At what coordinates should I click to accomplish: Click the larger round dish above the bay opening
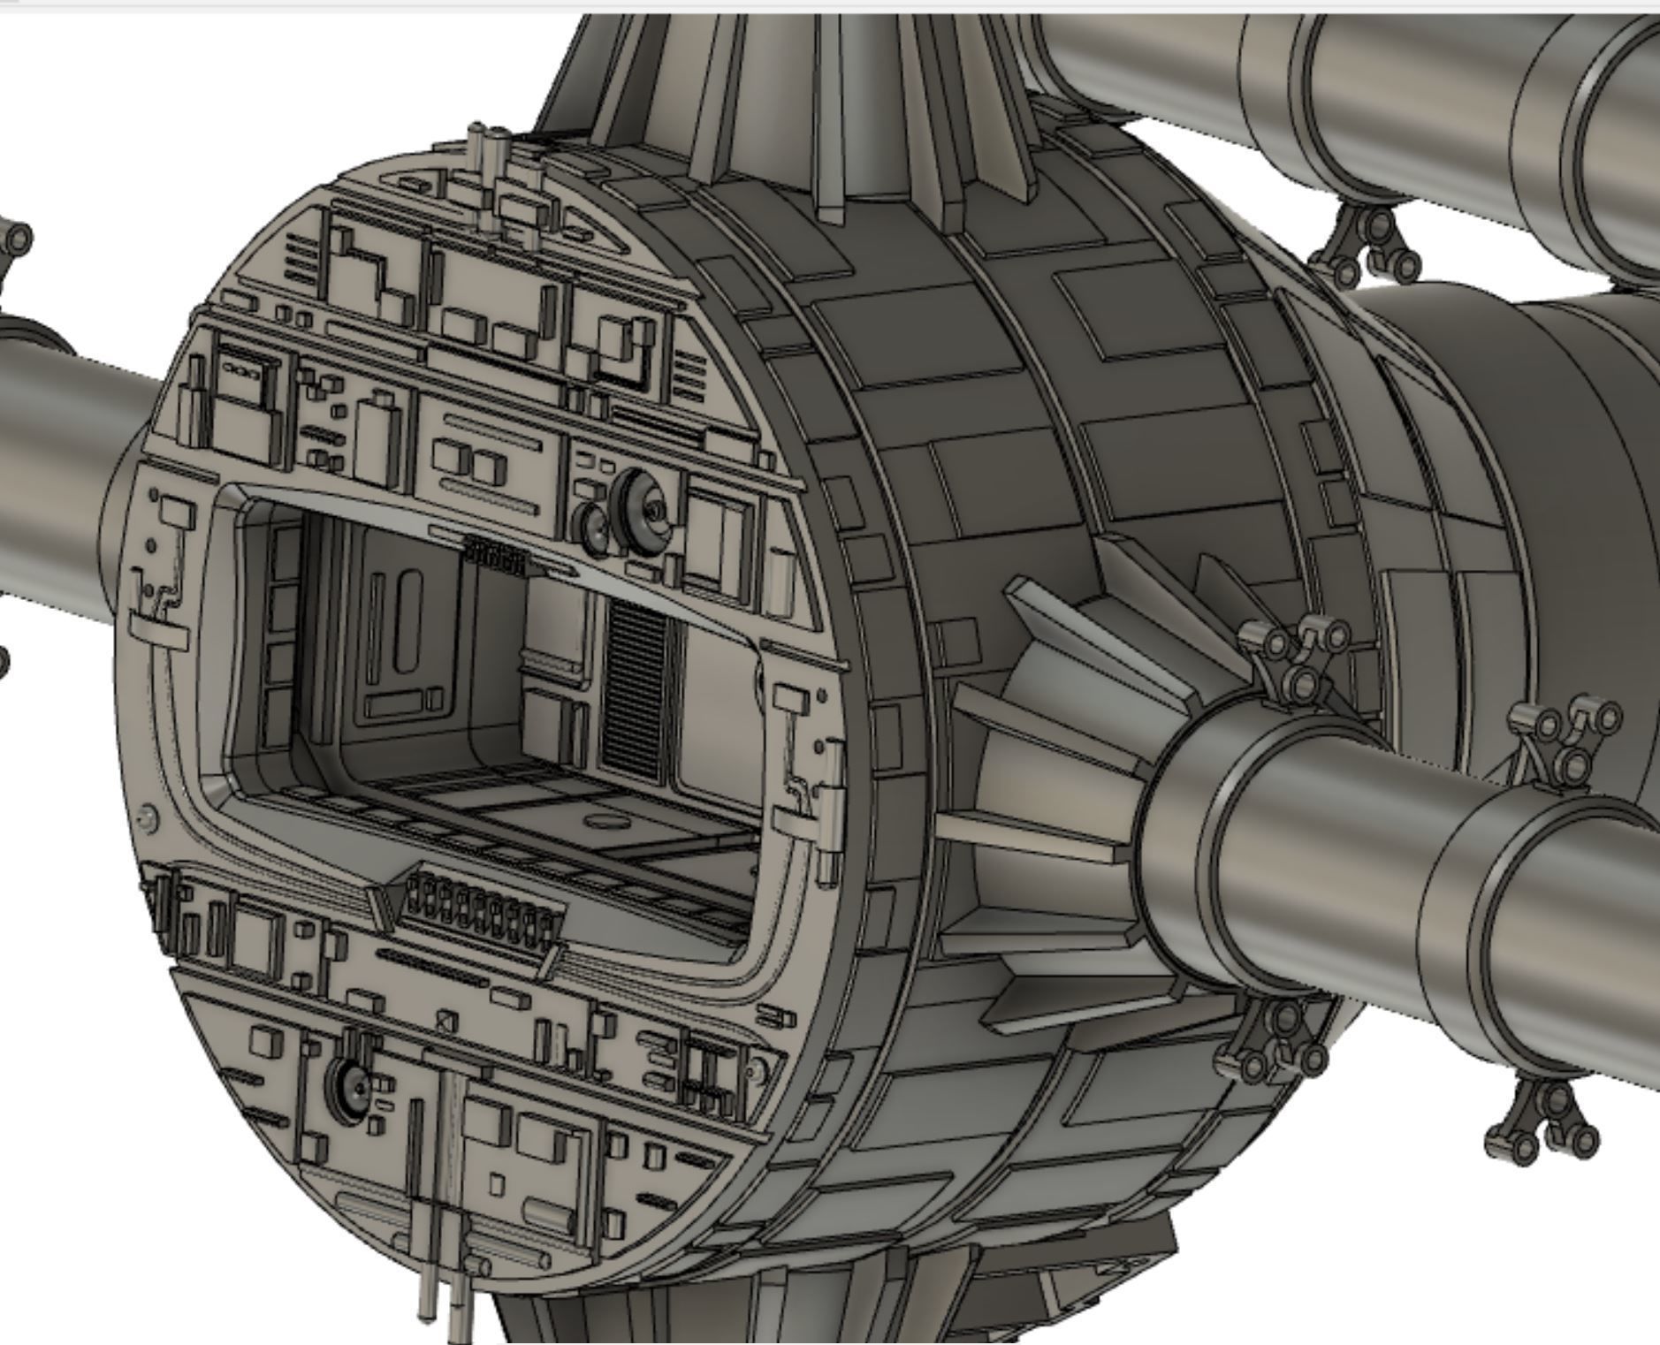[643, 512]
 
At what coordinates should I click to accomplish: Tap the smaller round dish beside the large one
[593, 529]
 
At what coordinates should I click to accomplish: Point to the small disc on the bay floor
[605, 822]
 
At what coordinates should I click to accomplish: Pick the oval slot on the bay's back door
[408, 622]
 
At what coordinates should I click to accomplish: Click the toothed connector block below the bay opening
[482, 914]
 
